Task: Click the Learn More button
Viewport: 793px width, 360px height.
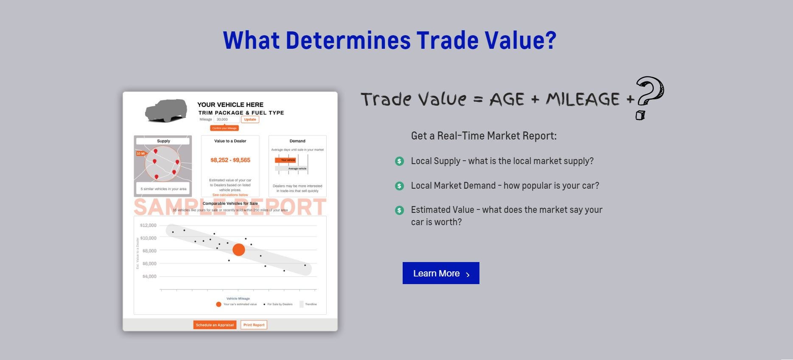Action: click(x=441, y=273)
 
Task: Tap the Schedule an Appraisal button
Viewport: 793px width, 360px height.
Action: click(x=215, y=325)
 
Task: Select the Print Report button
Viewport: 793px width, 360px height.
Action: click(x=254, y=325)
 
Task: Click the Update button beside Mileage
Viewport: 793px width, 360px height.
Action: click(x=250, y=120)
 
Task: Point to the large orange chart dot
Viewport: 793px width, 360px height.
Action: click(x=239, y=250)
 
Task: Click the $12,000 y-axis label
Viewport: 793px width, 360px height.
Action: click(x=149, y=225)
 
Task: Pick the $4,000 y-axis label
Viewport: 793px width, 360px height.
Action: click(x=149, y=276)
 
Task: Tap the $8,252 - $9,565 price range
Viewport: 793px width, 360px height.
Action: click(x=230, y=160)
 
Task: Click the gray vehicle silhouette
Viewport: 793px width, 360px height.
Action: click(x=166, y=111)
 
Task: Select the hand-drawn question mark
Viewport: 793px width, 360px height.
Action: click(x=649, y=95)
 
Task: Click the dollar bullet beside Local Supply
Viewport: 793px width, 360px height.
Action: click(x=399, y=161)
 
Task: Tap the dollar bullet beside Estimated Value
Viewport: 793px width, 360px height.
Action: click(x=399, y=210)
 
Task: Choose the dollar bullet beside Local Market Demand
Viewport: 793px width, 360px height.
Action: click(x=399, y=186)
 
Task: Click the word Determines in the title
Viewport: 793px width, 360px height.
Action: click(x=348, y=40)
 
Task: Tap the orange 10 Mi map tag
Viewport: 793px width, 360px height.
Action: click(x=140, y=153)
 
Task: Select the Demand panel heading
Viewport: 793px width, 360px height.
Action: click(x=297, y=141)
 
